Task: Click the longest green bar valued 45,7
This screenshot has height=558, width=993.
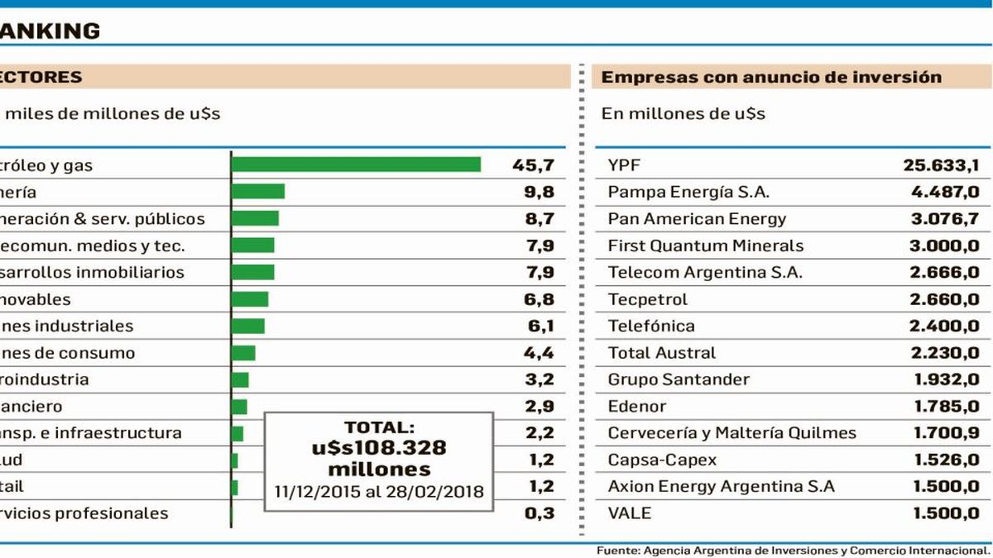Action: click(x=356, y=165)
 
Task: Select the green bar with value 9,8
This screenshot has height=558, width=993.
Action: click(x=258, y=192)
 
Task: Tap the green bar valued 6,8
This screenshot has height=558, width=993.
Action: click(x=250, y=299)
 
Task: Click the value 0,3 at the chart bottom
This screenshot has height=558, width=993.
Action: click(x=539, y=513)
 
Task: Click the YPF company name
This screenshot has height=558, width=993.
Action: click(x=624, y=165)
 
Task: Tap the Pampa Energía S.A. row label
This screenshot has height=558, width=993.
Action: click(x=688, y=192)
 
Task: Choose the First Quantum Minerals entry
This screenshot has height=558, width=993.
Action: click(x=705, y=246)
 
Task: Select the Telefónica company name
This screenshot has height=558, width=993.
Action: click(x=651, y=326)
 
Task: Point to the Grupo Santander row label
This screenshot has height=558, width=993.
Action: click(x=679, y=379)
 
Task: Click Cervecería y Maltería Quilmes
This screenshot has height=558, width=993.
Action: click(x=732, y=433)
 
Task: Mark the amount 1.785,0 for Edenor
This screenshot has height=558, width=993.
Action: click(x=944, y=406)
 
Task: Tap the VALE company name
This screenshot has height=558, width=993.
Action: click(x=629, y=513)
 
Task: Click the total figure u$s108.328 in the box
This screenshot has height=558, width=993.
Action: click(x=379, y=448)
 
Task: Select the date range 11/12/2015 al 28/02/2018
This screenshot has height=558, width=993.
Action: click(x=379, y=491)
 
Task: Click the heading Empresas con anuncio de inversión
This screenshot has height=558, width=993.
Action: click(x=771, y=77)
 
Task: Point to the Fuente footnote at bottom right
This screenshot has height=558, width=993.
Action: click(x=792, y=551)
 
